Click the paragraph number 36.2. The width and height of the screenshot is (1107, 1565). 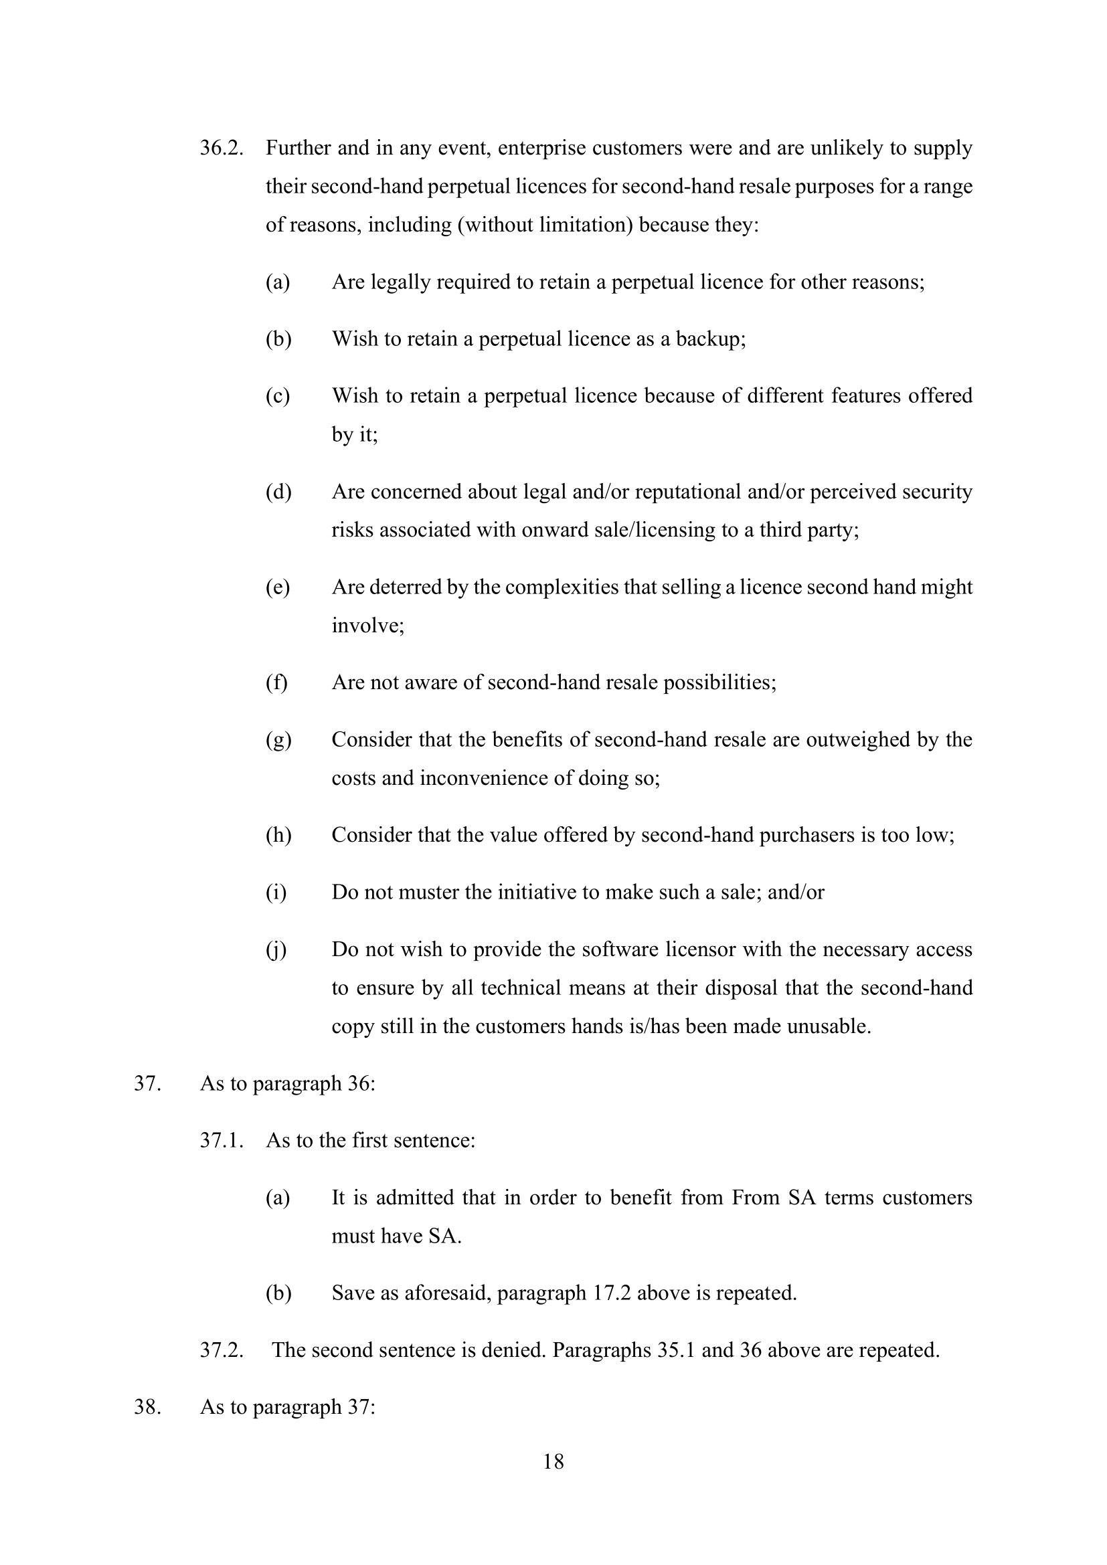pyautogui.click(x=222, y=148)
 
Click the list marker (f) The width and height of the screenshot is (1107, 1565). pyautogui.click(x=277, y=682)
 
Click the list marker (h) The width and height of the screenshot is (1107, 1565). pyautogui.click(x=278, y=835)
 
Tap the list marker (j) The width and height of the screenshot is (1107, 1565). pyautogui.click(x=276, y=949)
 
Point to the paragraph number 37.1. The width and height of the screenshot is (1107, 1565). pyautogui.click(x=222, y=1140)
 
